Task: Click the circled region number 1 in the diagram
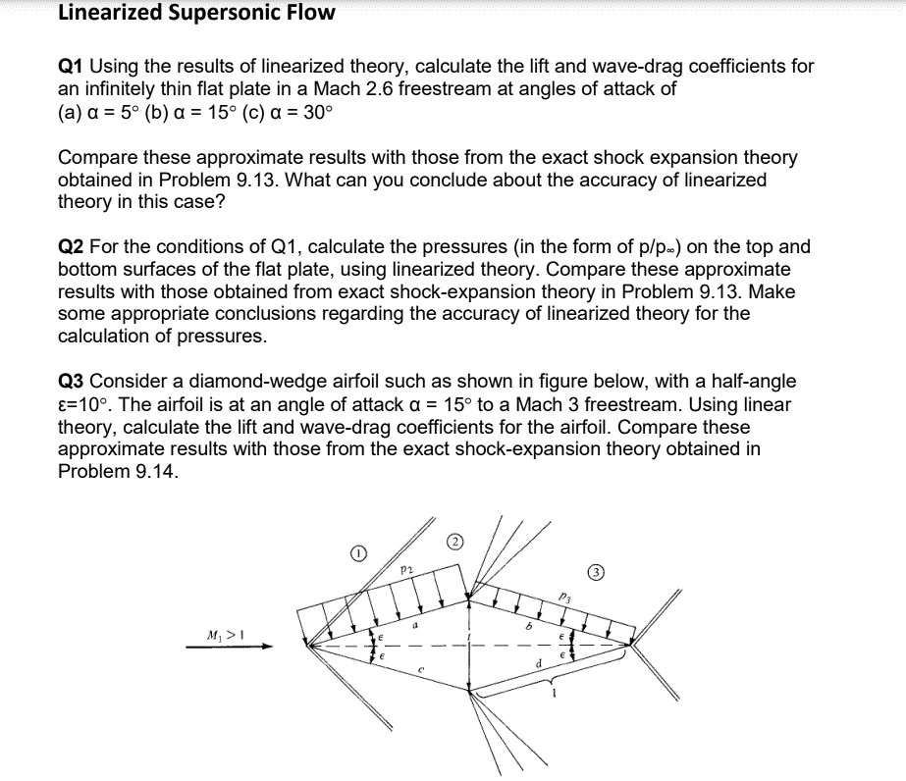(x=359, y=554)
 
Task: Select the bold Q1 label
(x=72, y=67)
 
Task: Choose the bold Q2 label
(x=72, y=247)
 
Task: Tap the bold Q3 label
(x=72, y=381)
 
